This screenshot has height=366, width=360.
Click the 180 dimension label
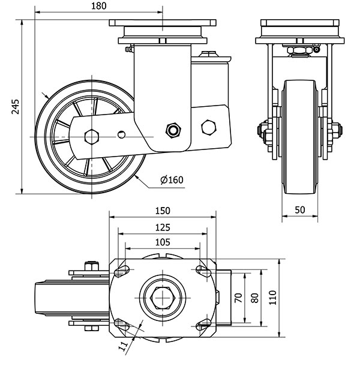[x=98, y=6]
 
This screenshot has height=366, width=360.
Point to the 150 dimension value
[x=163, y=211]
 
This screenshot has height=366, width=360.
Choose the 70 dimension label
[x=238, y=297]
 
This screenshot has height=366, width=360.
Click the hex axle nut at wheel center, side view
[x=91, y=136]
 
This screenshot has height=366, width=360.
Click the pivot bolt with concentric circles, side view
[x=173, y=130]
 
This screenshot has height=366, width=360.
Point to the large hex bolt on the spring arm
[x=209, y=127]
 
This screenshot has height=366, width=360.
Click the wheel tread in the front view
[x=299, y=138]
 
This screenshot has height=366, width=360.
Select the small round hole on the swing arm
[x=122, y=134]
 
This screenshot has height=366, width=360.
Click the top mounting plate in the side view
[x=163, y=25]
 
